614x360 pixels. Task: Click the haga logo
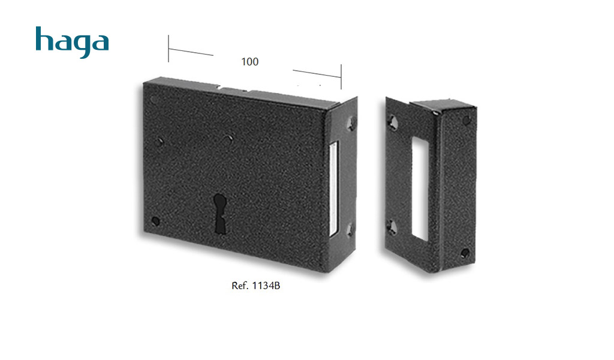(x=72, y=43)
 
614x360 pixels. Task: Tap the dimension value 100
(x=250, y=62)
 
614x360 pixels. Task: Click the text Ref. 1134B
(x=255, y=286)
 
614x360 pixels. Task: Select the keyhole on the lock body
(x=220, y=214)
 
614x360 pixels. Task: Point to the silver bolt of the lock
(x=333, y=189)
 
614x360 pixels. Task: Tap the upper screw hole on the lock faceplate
(x=351, y=124)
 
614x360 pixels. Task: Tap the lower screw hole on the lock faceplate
(x=350, y=230)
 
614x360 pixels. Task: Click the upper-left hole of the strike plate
(x=393, y=122)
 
